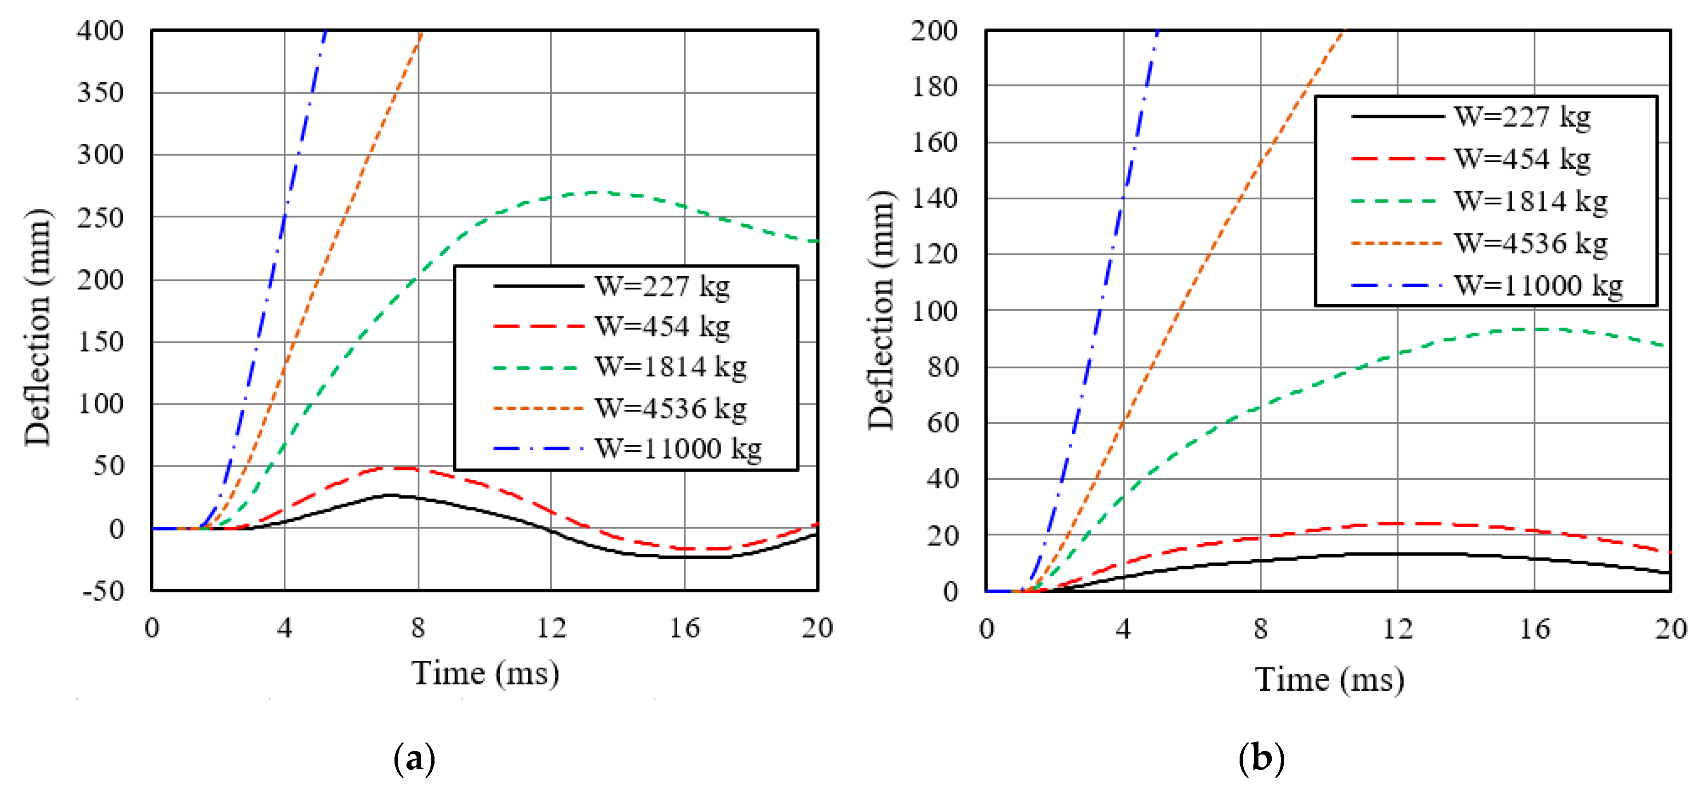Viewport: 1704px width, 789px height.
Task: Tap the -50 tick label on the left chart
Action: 103,590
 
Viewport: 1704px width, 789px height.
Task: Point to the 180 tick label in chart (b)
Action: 934,86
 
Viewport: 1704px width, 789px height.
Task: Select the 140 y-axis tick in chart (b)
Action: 934,198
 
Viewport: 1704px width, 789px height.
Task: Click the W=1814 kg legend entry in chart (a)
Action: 670,367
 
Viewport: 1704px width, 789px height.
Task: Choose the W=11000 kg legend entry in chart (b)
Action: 1538,286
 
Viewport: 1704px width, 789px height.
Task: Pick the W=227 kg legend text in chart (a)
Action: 662,286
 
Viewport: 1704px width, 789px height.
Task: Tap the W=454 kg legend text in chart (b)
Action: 1522,159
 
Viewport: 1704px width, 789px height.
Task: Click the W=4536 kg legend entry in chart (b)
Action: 1530,244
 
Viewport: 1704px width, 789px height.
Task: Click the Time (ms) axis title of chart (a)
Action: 486,673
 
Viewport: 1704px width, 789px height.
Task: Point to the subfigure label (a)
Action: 414,759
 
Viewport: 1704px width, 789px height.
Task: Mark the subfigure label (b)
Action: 1261,759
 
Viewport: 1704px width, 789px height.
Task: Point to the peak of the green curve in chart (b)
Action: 1535,329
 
